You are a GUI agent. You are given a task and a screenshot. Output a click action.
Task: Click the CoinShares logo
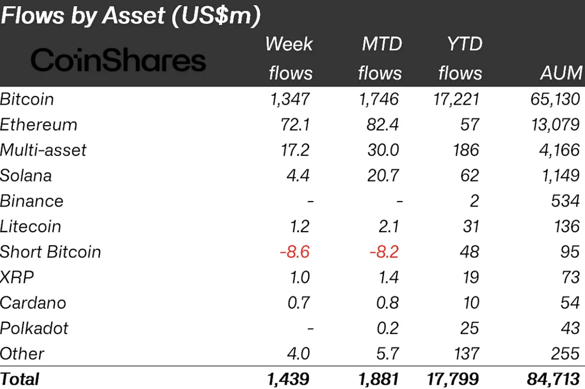118,60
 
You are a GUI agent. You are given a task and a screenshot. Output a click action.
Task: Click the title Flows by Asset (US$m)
131,16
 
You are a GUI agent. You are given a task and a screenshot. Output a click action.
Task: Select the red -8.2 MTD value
384,252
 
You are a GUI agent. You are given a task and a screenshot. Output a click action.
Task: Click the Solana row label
26,176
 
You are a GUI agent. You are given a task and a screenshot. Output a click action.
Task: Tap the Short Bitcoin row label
50,252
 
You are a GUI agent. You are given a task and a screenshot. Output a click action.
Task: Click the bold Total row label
20,378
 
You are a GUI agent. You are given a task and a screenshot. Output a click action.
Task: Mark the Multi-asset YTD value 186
466,150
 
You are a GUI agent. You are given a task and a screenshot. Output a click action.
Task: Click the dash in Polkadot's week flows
310,329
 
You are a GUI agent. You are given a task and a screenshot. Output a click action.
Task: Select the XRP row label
17,277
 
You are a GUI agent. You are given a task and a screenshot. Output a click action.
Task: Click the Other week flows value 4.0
299,354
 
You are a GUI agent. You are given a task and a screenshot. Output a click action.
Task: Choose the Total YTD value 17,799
453,378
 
